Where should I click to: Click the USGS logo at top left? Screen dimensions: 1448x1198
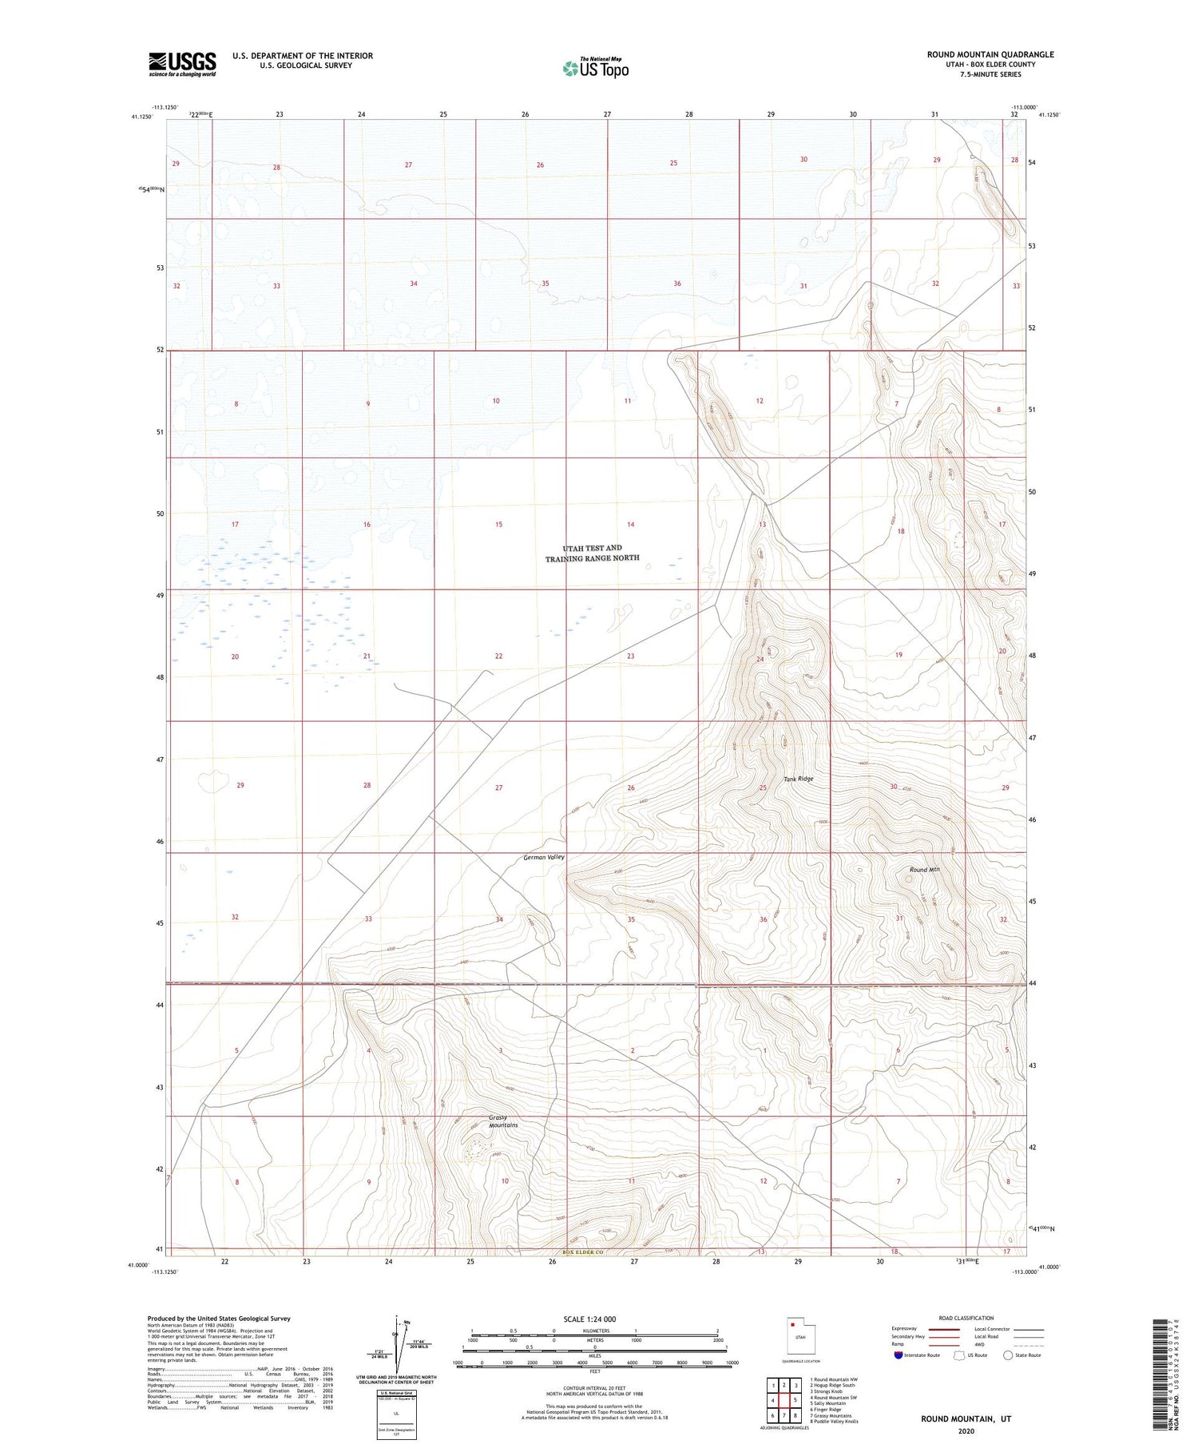click(182, 64)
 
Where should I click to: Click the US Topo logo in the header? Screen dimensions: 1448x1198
click(595, 69)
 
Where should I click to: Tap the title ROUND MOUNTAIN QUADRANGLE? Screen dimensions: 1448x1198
click(990, 54)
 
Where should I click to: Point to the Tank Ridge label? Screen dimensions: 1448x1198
click(798, 779)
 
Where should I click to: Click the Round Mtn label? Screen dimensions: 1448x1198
click(924, 870)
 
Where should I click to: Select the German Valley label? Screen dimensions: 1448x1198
click(544, 857)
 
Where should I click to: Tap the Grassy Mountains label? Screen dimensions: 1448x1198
click(503, 1121)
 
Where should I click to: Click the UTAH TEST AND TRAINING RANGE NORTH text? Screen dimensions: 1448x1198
click(592, 553)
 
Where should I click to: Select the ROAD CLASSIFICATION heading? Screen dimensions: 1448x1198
click(966, 1318)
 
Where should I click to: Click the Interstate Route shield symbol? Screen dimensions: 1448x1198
click(898, 1355)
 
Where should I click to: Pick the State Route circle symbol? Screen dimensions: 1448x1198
click(1008, 1355)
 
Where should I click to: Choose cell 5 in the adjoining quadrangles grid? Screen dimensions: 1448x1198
click(795, 1400)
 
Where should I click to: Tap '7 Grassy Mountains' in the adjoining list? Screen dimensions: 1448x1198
click(831, 1416)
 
